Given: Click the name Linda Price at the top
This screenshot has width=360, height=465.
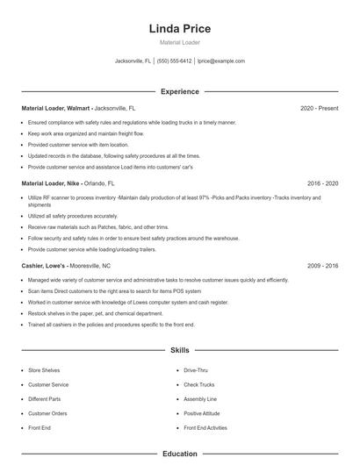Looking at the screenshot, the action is (x=179, y=29).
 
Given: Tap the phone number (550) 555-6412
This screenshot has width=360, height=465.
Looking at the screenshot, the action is (x=174, y=61).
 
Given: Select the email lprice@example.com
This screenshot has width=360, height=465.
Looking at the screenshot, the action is (x=220, y=61).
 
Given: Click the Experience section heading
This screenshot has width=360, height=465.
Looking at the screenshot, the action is (x=179, y=91).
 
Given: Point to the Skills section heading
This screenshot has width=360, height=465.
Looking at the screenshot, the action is (x=179, y=350).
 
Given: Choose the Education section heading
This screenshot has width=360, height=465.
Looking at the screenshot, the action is (x=179, y=454).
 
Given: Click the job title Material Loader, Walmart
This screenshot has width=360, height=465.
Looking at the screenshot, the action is (x=56, y=108).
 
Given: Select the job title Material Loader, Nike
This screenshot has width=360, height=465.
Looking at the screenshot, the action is (x=51, y=184).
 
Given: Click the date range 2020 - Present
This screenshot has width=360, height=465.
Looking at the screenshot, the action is (x=319, y=108).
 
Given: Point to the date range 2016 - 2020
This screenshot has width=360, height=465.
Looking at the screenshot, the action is (x=322, y=184).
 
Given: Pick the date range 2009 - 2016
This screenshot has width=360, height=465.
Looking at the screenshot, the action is (x=322, y=265).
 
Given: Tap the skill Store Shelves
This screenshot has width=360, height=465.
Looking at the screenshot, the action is (x=44, y=370).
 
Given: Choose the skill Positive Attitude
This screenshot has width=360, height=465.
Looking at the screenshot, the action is (x=201, y=412).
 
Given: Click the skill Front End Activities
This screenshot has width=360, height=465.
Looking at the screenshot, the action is (x=205, y=427).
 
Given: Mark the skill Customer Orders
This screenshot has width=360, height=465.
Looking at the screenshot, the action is (x=47, y=412).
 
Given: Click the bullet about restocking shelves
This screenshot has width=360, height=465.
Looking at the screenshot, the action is (x=95, y=313).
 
